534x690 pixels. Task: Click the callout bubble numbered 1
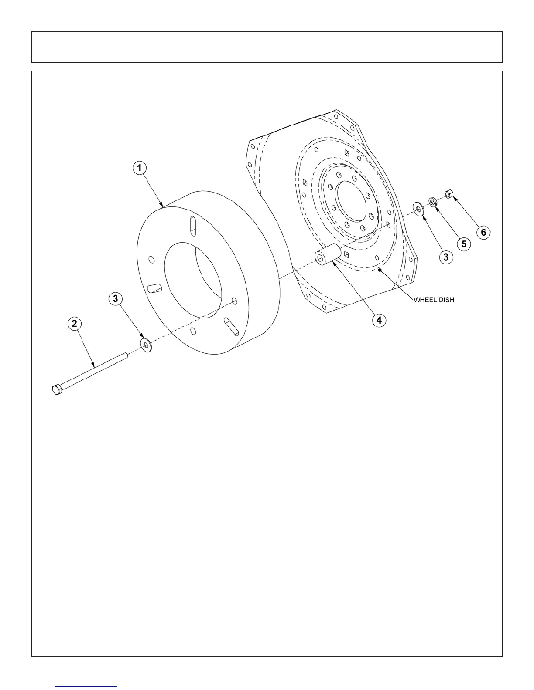pyautogui.click(x=139, y=168)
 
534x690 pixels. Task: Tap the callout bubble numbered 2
pyautogui.click(x=74, y=324)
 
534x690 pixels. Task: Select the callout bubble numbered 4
pyautogui.click(x=379, y=320)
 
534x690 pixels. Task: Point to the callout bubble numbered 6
pyautogui.click(x=483, y=233)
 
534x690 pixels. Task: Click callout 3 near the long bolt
pyautogui.click(x=115, y=299)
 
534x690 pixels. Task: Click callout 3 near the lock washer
pyautogui.click(x=445, y=257)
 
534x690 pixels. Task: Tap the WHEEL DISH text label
pyautogui.click(x=434, y=300)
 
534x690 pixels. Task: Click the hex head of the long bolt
pyautogui.click(x=57, y=389)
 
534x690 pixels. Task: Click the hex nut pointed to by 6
pyautogui.click(x=449, y=193)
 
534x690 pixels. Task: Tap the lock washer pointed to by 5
pyautogui.click(x=433, y=201)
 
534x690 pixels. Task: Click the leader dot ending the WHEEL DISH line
pyautogui.click(x=380, y=271)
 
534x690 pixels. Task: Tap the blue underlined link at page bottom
pyautogui.click(x=87, y=686)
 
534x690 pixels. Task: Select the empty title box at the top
pyautogui.click(x=267, y=47)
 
